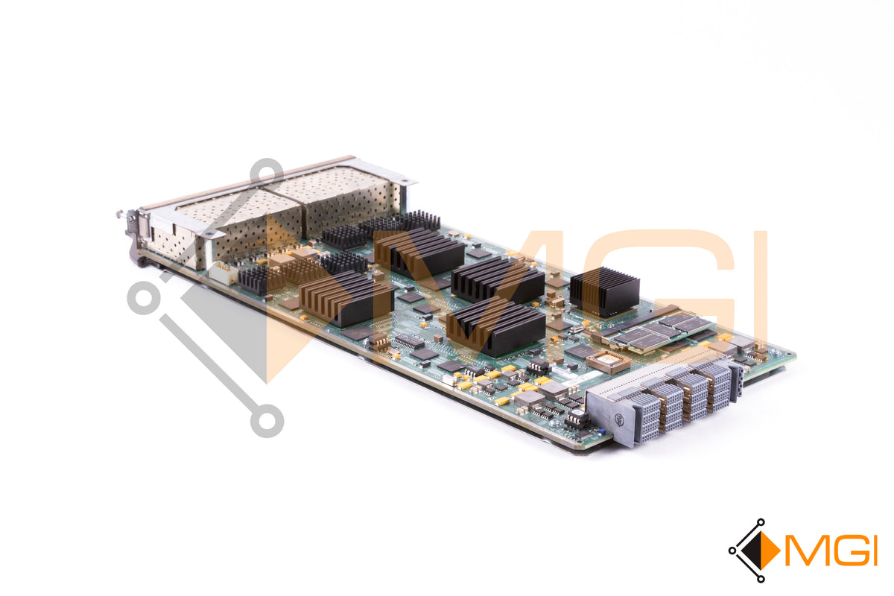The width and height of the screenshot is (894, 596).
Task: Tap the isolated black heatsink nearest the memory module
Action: pyautogui.click(x=604, y=291)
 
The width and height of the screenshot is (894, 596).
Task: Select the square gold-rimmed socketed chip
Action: pyautogui.click(x=608, y=362)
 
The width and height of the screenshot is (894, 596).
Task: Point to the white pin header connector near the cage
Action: pyautogui.click(x=223, y=272)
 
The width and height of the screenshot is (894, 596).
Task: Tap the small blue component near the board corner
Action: pyautogui.click(x=601, y=433)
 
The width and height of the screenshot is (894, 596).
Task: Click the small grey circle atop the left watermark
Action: pyautogui.click(x=266, y=171)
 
